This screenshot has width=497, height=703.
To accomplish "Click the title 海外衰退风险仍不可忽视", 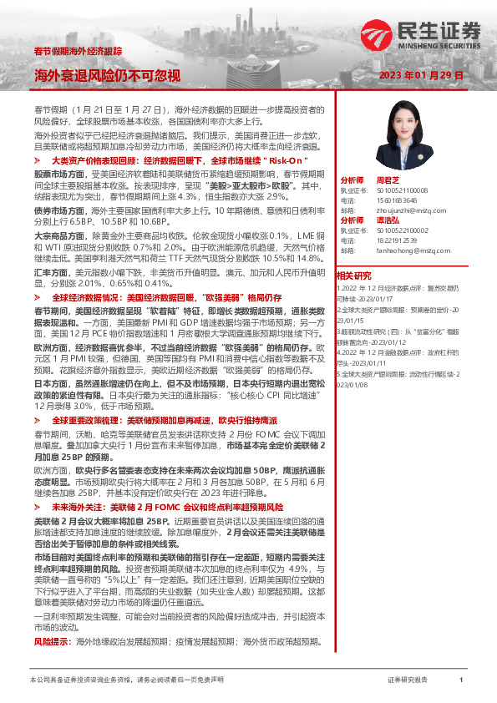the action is tap(107, 76).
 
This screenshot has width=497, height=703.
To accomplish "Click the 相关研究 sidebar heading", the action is tap(353, 275).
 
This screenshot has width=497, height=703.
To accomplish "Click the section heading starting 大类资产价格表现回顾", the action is tap(180, 159).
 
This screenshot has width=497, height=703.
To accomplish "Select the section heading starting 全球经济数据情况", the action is tap(166, 297).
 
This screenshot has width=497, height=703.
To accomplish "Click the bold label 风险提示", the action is tap(51, 641).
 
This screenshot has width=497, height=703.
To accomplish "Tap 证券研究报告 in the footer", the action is tap(408, 680).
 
